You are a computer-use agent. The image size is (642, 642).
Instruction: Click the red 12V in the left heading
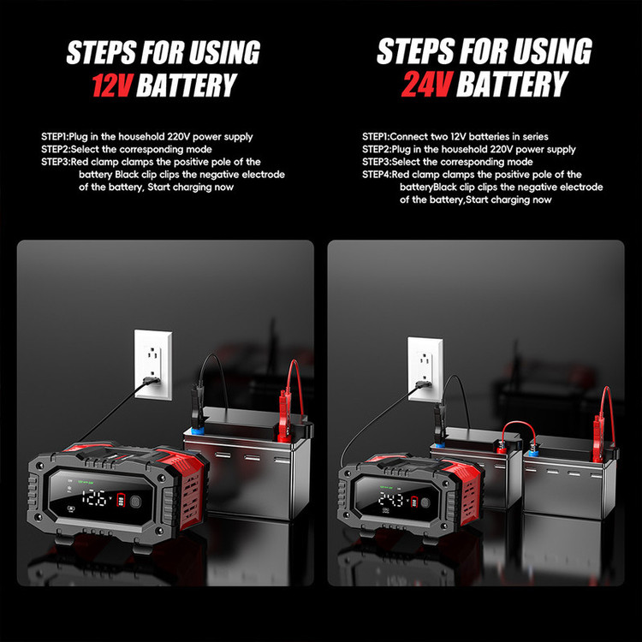[x=112, y=85]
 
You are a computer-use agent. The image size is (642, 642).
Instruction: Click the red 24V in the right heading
[x=426, y=85]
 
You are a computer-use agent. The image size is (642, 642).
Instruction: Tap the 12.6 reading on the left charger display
[x=95, y=498]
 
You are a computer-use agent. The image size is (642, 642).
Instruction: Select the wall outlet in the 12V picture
[x=153, y=365]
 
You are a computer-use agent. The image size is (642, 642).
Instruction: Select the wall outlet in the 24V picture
[x=425, y=368]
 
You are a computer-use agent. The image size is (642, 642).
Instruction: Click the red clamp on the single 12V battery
[x=283, y=418]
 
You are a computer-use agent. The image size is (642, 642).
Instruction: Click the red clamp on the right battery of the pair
[x=599, y=434]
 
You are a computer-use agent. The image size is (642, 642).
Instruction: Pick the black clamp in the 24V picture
[x=439, y=422]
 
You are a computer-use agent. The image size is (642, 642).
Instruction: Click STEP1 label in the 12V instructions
[x=55, y=137]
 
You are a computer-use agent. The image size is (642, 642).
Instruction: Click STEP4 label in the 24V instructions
[x=377, y=175]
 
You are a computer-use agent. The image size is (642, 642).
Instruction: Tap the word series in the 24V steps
[x=534, y=137]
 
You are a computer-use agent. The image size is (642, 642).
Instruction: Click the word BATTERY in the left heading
[x=187, y=85]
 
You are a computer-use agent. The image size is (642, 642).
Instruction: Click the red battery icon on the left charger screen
[x=122, y=500]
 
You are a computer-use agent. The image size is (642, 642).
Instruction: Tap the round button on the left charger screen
[x=134, y=501]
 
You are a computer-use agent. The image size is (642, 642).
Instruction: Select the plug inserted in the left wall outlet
[x=151, y=381]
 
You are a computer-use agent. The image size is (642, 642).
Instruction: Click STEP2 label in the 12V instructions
[x=56, y=150]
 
